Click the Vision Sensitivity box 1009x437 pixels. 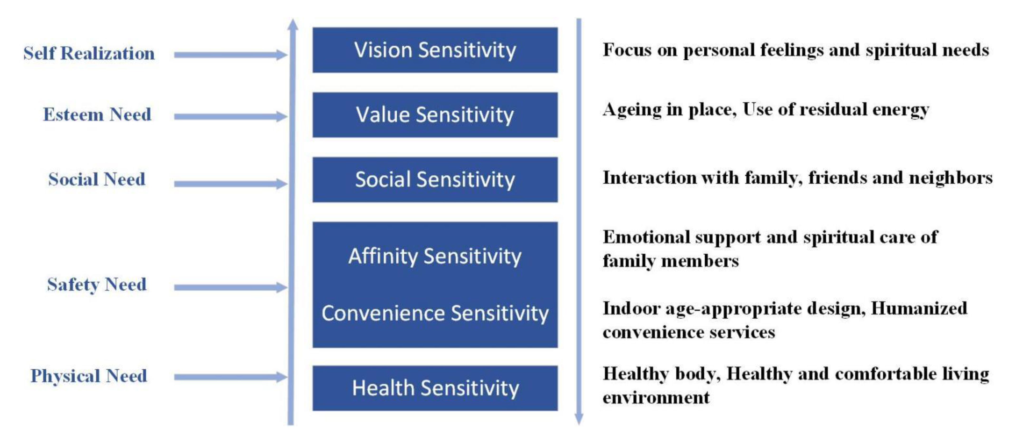[x=435, y=50]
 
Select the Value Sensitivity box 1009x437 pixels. [x=435, y=115]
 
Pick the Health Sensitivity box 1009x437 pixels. [x=435, y=388]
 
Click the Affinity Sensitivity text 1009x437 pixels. [x=435, y=256]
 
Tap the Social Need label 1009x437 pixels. [x=97, y=179]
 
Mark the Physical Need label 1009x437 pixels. [x=89, y=376]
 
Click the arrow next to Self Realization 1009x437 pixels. [x=231, y=55]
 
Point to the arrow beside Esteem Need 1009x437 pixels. [x=231, y=116]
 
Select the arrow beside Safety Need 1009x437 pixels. [x=231, y=287]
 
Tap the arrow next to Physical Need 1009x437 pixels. [x=231, y=377]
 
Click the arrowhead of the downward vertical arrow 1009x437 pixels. [x=579, y=419]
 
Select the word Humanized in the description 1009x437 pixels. [x=919, y=309]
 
